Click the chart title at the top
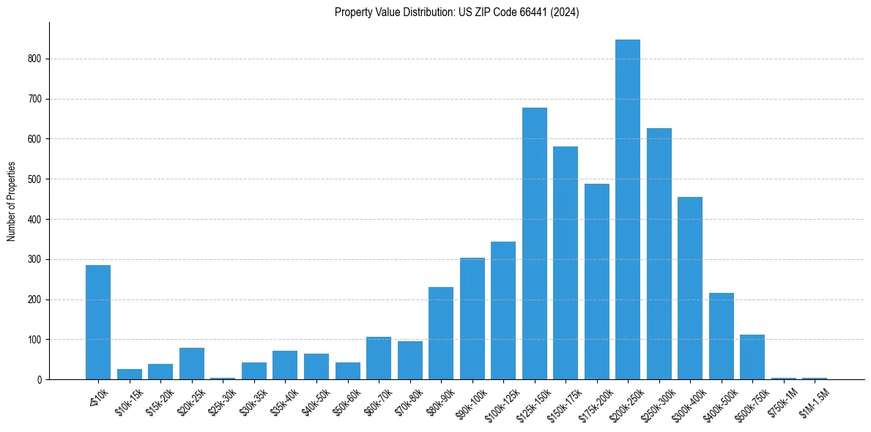(x=456, y=12)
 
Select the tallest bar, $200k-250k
(x=628, y=209)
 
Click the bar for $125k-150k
(x=534, y=244)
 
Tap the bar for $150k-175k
(x=566, y=263)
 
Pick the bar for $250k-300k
(x=659, y=254)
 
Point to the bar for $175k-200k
(x=596, y=282)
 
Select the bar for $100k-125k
(x=503, y=310)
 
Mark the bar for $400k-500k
(x=721, y=336)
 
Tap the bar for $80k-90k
(x=441, y=333)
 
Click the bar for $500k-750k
(x=752, y=357)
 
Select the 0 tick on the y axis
(x=42, y=379)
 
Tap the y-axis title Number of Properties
(x=12, y=201)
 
